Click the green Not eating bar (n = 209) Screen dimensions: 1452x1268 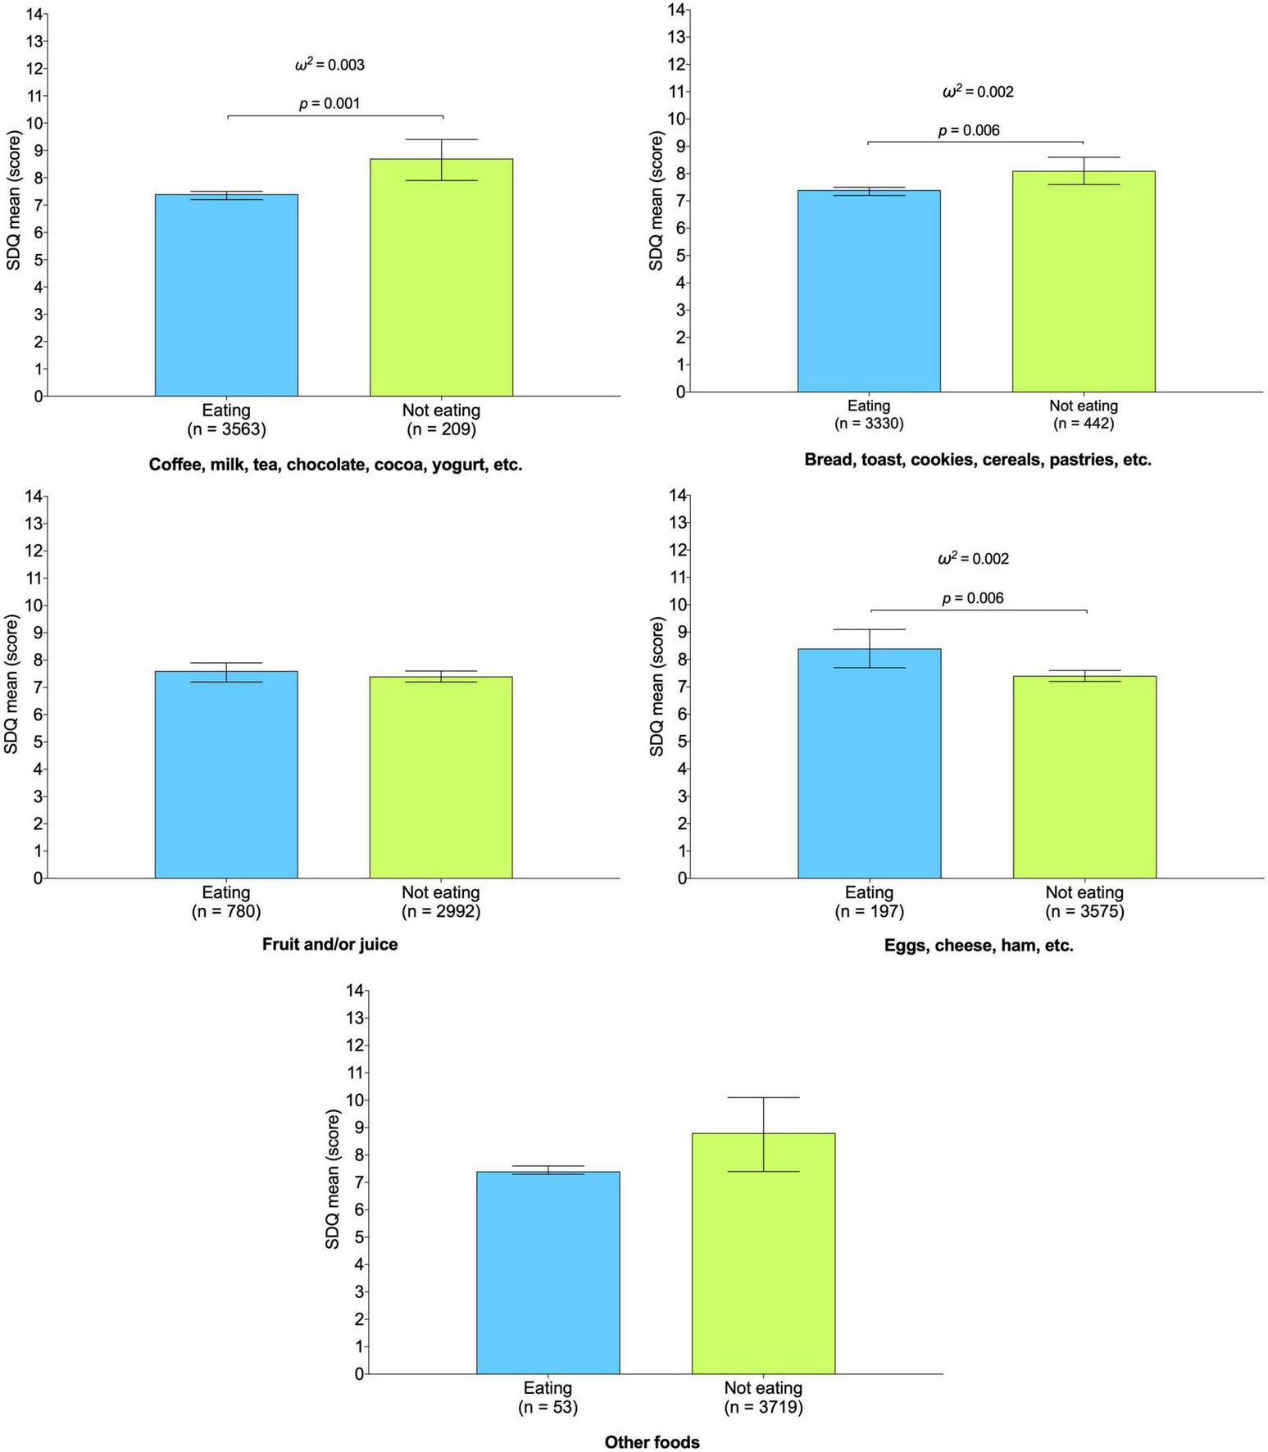(441, 279)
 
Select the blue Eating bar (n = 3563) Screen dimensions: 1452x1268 (226, 295)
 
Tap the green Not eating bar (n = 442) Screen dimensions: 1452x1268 (1084, 282)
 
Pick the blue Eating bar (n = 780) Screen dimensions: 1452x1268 (226, 774)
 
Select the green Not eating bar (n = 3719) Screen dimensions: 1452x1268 (763, 1254)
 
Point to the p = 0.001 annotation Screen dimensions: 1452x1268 (329, 104)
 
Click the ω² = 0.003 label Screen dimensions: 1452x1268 (329, 65)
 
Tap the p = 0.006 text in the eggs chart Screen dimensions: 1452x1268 (973, 598)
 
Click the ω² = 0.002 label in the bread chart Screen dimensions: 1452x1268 (978, 92)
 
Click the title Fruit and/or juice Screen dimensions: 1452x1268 (329, 944)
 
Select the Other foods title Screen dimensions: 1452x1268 (652, 1441)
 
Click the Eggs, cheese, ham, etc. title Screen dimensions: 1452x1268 (979, 946)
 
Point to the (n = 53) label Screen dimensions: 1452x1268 (548, 1407)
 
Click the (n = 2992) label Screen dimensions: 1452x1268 (441, 911)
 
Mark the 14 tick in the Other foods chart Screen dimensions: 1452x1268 (355, 990)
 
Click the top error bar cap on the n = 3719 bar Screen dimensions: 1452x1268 (763, 1097)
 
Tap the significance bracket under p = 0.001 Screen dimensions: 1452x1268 (334, 116)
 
